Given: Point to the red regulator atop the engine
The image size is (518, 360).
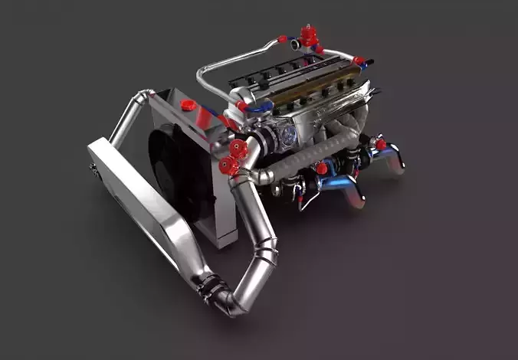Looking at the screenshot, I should (309, 35).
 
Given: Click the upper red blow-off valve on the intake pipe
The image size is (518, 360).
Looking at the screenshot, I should (238, 148).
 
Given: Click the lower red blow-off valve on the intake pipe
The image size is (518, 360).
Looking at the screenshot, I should (228, 165).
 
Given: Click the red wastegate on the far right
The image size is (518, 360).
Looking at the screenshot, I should (381, 144).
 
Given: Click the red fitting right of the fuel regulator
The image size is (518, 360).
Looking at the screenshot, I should (358, 61).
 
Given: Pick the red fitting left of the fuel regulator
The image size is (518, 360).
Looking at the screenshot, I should (282, 39).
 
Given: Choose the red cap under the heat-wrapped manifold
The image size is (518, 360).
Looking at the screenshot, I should (321, 168).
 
